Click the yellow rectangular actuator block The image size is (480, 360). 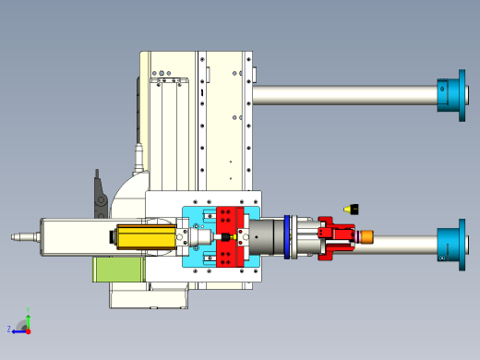147,237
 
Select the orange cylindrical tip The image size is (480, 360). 366,237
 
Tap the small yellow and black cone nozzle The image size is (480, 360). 351,210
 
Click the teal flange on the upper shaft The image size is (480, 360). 452,95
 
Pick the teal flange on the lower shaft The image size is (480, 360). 452,245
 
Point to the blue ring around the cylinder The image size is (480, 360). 287,237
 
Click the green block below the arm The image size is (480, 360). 118,270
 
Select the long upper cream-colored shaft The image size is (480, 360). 345,95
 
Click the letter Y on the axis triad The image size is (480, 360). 28,310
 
